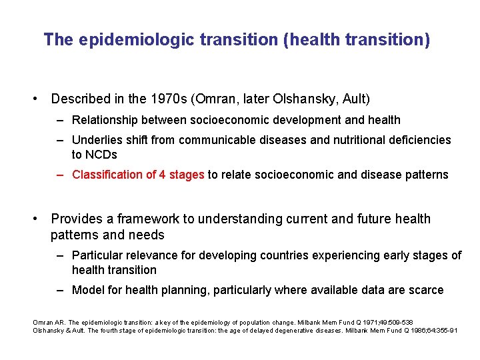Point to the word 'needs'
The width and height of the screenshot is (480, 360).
click(147, 235)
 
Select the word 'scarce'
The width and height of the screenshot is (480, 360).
click(425, 290)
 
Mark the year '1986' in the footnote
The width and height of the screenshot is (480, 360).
click(427, 331)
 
